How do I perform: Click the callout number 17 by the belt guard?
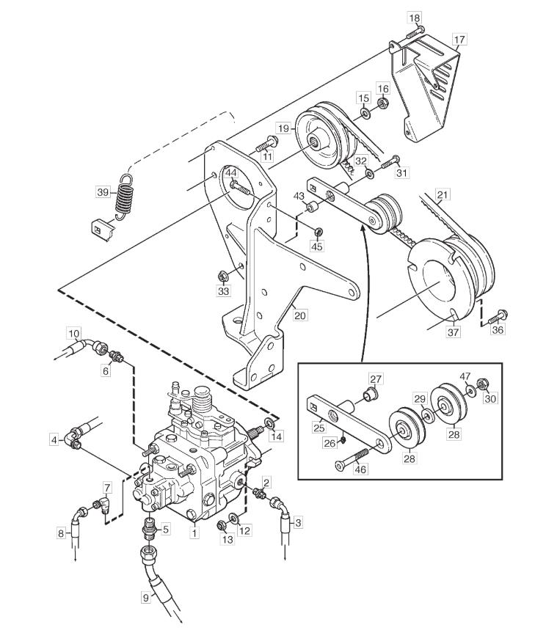(459, 40)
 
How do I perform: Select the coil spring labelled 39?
(125, 197)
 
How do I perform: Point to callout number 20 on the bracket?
(299, 315)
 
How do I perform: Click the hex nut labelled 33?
(222, 277)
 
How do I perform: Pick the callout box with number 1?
(194, 533)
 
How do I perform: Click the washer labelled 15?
(365, 114)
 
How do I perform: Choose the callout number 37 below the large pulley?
(454, 332)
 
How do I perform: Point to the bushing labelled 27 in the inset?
(371, 393)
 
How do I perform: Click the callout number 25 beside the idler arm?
(318, 427)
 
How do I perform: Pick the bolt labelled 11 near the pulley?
(266, 144)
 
